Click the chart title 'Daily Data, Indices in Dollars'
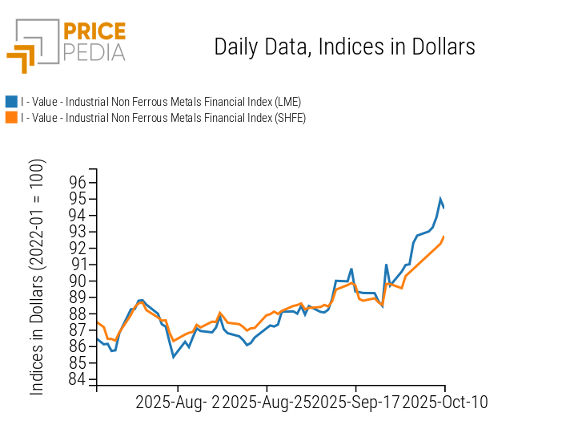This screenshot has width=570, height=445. tap(344, 47)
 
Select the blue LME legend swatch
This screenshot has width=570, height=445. tap(11, 102)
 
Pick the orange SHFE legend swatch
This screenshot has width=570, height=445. tap(11, 118)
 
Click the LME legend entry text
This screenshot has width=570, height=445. tap(161, 102)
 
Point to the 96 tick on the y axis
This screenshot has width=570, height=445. tap(77, 182)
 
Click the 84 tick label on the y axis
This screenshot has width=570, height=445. tap(77, 379)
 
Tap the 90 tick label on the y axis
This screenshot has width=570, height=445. tap(77, 281)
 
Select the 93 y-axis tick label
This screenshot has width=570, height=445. tap(77, 232)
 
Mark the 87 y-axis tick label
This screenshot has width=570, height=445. tap(77, 330)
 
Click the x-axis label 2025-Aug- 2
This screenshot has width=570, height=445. tap(177, 402)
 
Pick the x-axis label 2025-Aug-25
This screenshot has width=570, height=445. tap(267, 402)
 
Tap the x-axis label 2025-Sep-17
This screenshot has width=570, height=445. tap(355, 402)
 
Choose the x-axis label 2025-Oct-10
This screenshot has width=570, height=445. tap(444, 402)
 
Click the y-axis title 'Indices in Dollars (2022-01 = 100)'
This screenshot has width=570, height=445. tap(38, 277)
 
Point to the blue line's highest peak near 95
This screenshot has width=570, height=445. tap(440, 199)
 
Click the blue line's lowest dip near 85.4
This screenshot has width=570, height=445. tap(174, 357)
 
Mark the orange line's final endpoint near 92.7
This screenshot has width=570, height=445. tap(444, 237)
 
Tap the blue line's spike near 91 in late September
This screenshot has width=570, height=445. tap(386, 265)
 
